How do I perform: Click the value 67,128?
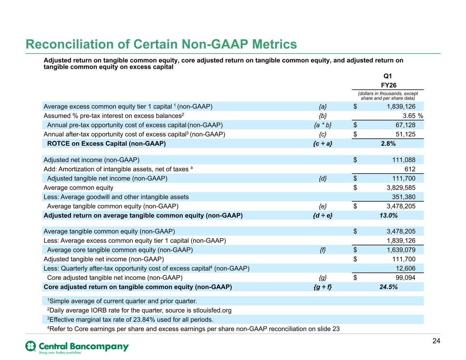click(x=405, y=125)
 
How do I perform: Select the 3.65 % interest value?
click(x=413, y=116)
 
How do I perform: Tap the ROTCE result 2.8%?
click(x=388, y=144)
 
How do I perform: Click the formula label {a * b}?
click(x=323, y=125)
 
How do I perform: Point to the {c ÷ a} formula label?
click(x=323, y=144)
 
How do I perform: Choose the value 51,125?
click(x=405, y=134)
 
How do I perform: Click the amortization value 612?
click(x=410, y=169)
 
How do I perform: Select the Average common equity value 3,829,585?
click(x=401, y=188)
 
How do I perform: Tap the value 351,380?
click(x=404, y=197)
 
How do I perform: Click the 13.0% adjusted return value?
click(x=389, y=215)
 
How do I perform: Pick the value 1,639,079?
click(x=401, y=250)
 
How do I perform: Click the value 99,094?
click(x=405, y=278)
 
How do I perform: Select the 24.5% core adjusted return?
click(x=389, y=287)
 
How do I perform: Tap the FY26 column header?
click(x=389, y=85)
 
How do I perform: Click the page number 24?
click(x=436, y=341)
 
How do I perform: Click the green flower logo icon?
click(x=30, y=346)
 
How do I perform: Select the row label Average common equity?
click(x=78, y=188)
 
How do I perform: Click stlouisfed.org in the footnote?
click(x=212, y=311)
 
